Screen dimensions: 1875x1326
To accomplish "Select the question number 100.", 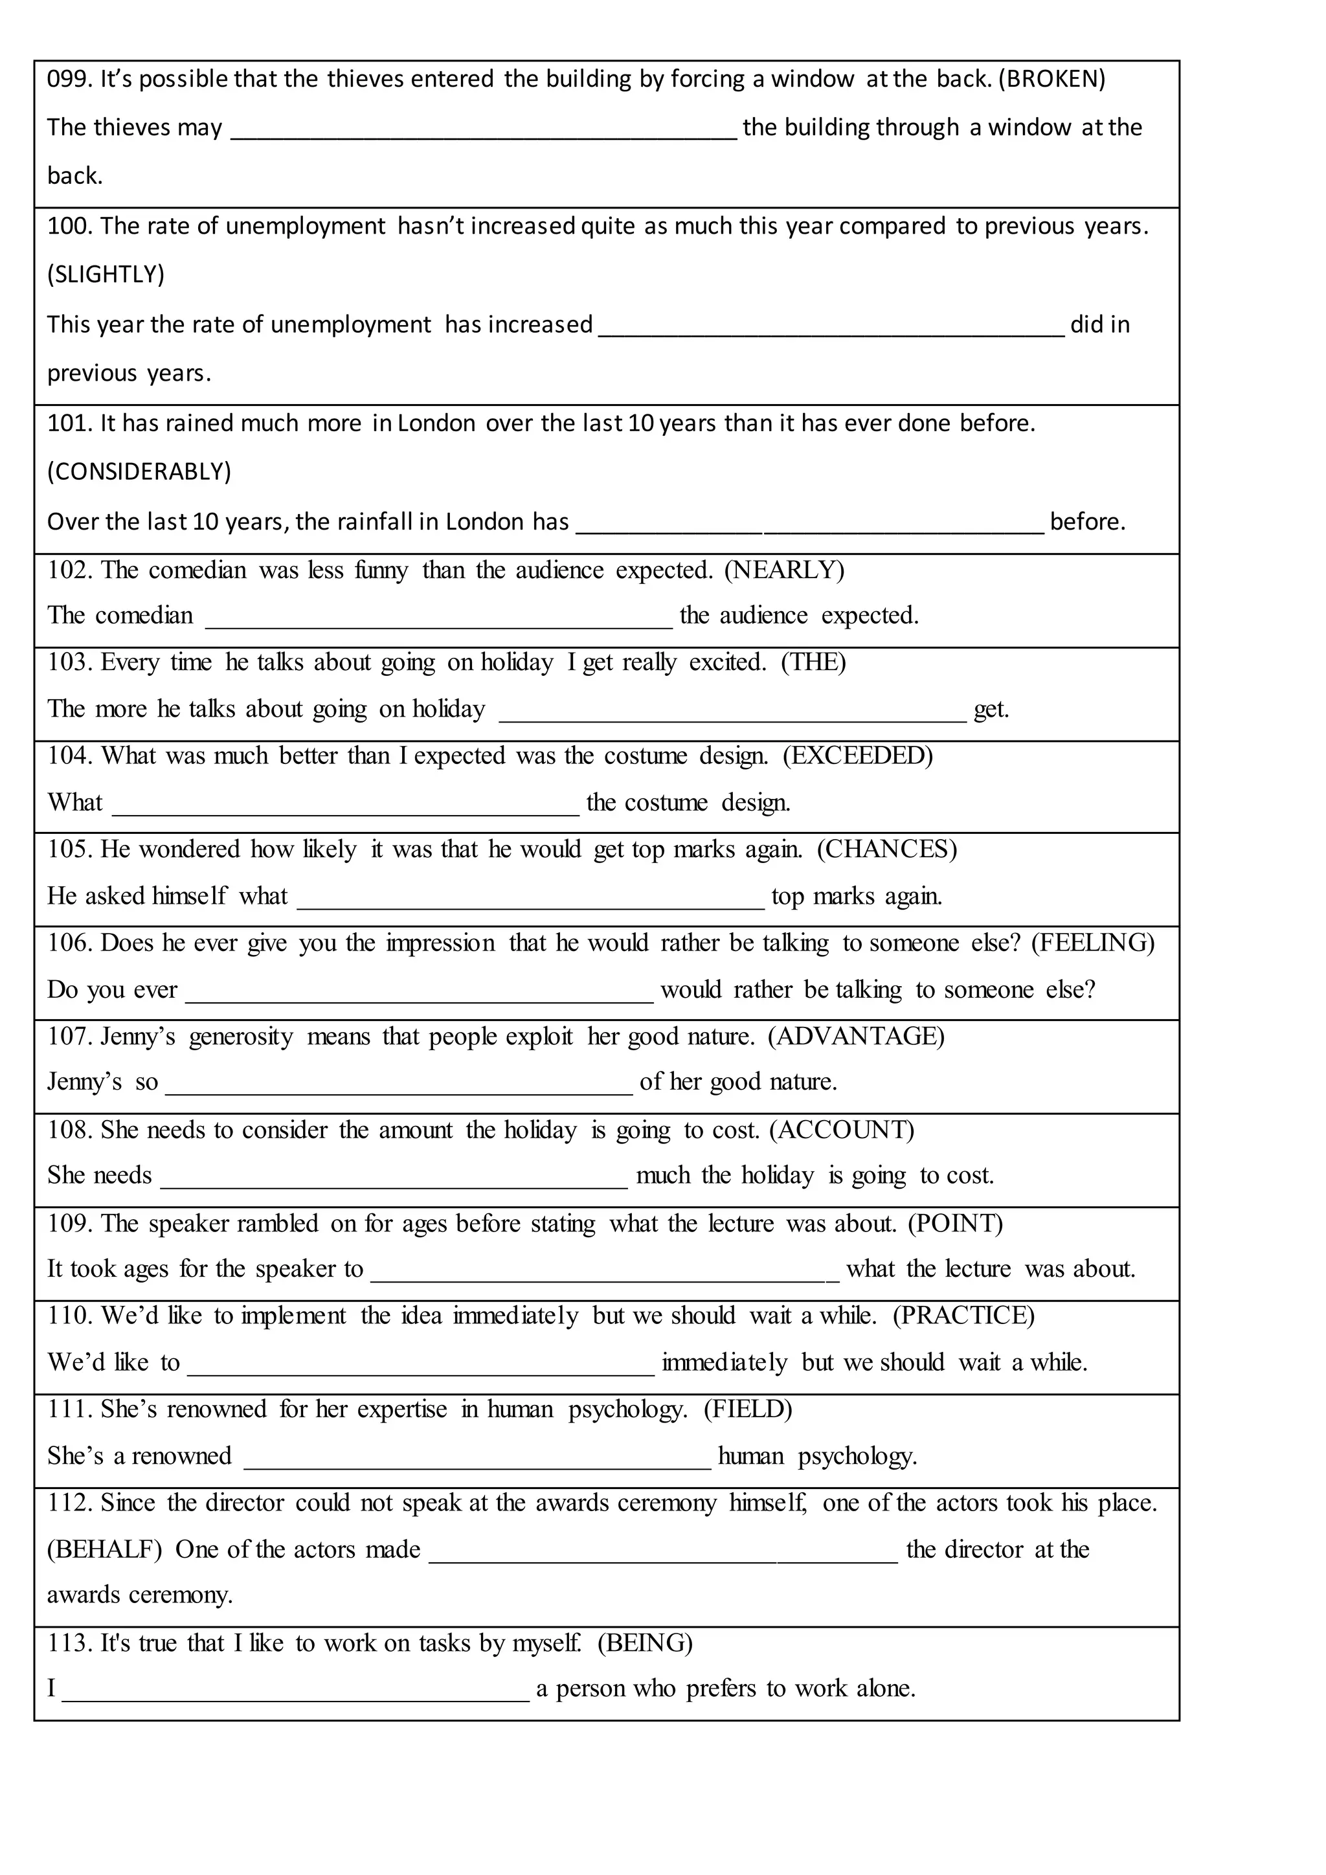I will [x=69, y=226].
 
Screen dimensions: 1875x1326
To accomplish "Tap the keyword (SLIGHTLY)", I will [x=106, y=275].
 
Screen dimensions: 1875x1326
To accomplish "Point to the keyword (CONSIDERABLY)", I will [x=139, y=472].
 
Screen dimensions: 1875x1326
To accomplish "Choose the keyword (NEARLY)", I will [x=784, y=570].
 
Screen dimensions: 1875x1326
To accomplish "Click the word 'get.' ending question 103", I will [x=991, y=710].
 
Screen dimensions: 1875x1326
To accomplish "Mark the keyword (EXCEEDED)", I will [x=857, y=756].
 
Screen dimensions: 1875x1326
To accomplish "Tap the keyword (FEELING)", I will [x=1092, y=943].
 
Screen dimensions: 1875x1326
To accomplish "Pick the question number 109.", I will [x=69, y=1223].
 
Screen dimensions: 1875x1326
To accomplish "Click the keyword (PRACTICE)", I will [x=963, y=1316].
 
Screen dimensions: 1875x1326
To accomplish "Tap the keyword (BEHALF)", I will [x=104, y=1550].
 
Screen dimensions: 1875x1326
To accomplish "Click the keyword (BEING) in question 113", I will [x=645, y=1643].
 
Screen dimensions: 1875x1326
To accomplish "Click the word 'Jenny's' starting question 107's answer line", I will [x=84, y=1082].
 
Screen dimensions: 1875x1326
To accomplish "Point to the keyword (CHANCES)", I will [x=887, y=849].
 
